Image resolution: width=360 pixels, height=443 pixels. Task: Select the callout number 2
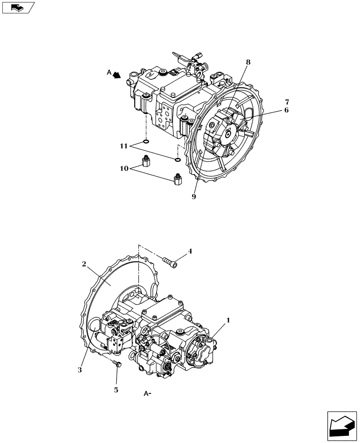[x=83, y=264]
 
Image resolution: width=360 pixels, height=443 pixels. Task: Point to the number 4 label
[x=189, y=251]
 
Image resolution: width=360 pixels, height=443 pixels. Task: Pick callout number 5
[x=117, y=390]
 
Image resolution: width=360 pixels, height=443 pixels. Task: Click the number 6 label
[x=286, y=110]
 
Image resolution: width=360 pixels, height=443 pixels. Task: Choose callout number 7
[x=286, y=102]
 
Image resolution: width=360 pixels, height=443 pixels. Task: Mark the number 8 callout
[x=248, y=62]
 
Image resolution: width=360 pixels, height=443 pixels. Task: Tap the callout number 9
[x=194, y=197]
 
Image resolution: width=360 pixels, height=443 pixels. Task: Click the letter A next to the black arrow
[x=109, y=72]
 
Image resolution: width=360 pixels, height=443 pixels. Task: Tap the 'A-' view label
[x=148, y=392]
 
